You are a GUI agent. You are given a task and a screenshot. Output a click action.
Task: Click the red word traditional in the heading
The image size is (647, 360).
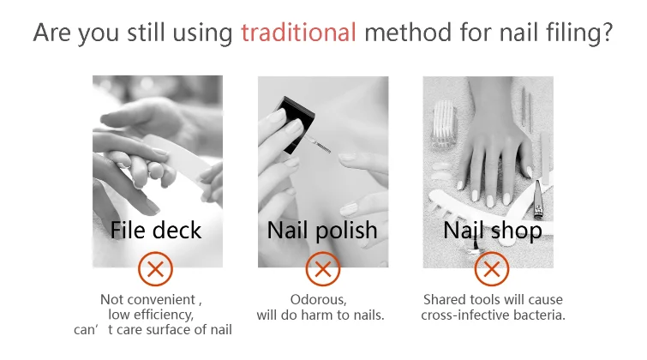(298, 34)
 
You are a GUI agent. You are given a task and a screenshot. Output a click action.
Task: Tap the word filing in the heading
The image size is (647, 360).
(566, 34)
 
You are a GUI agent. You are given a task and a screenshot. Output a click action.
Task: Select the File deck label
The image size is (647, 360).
(156, 231)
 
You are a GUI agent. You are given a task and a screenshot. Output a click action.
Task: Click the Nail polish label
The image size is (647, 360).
(322, 231)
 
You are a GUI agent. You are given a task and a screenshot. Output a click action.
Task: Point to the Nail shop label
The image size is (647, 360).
(492, 231)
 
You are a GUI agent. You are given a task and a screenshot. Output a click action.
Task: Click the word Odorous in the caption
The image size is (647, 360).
(319, 300)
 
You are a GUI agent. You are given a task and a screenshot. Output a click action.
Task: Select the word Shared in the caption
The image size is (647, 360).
(442, 300)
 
